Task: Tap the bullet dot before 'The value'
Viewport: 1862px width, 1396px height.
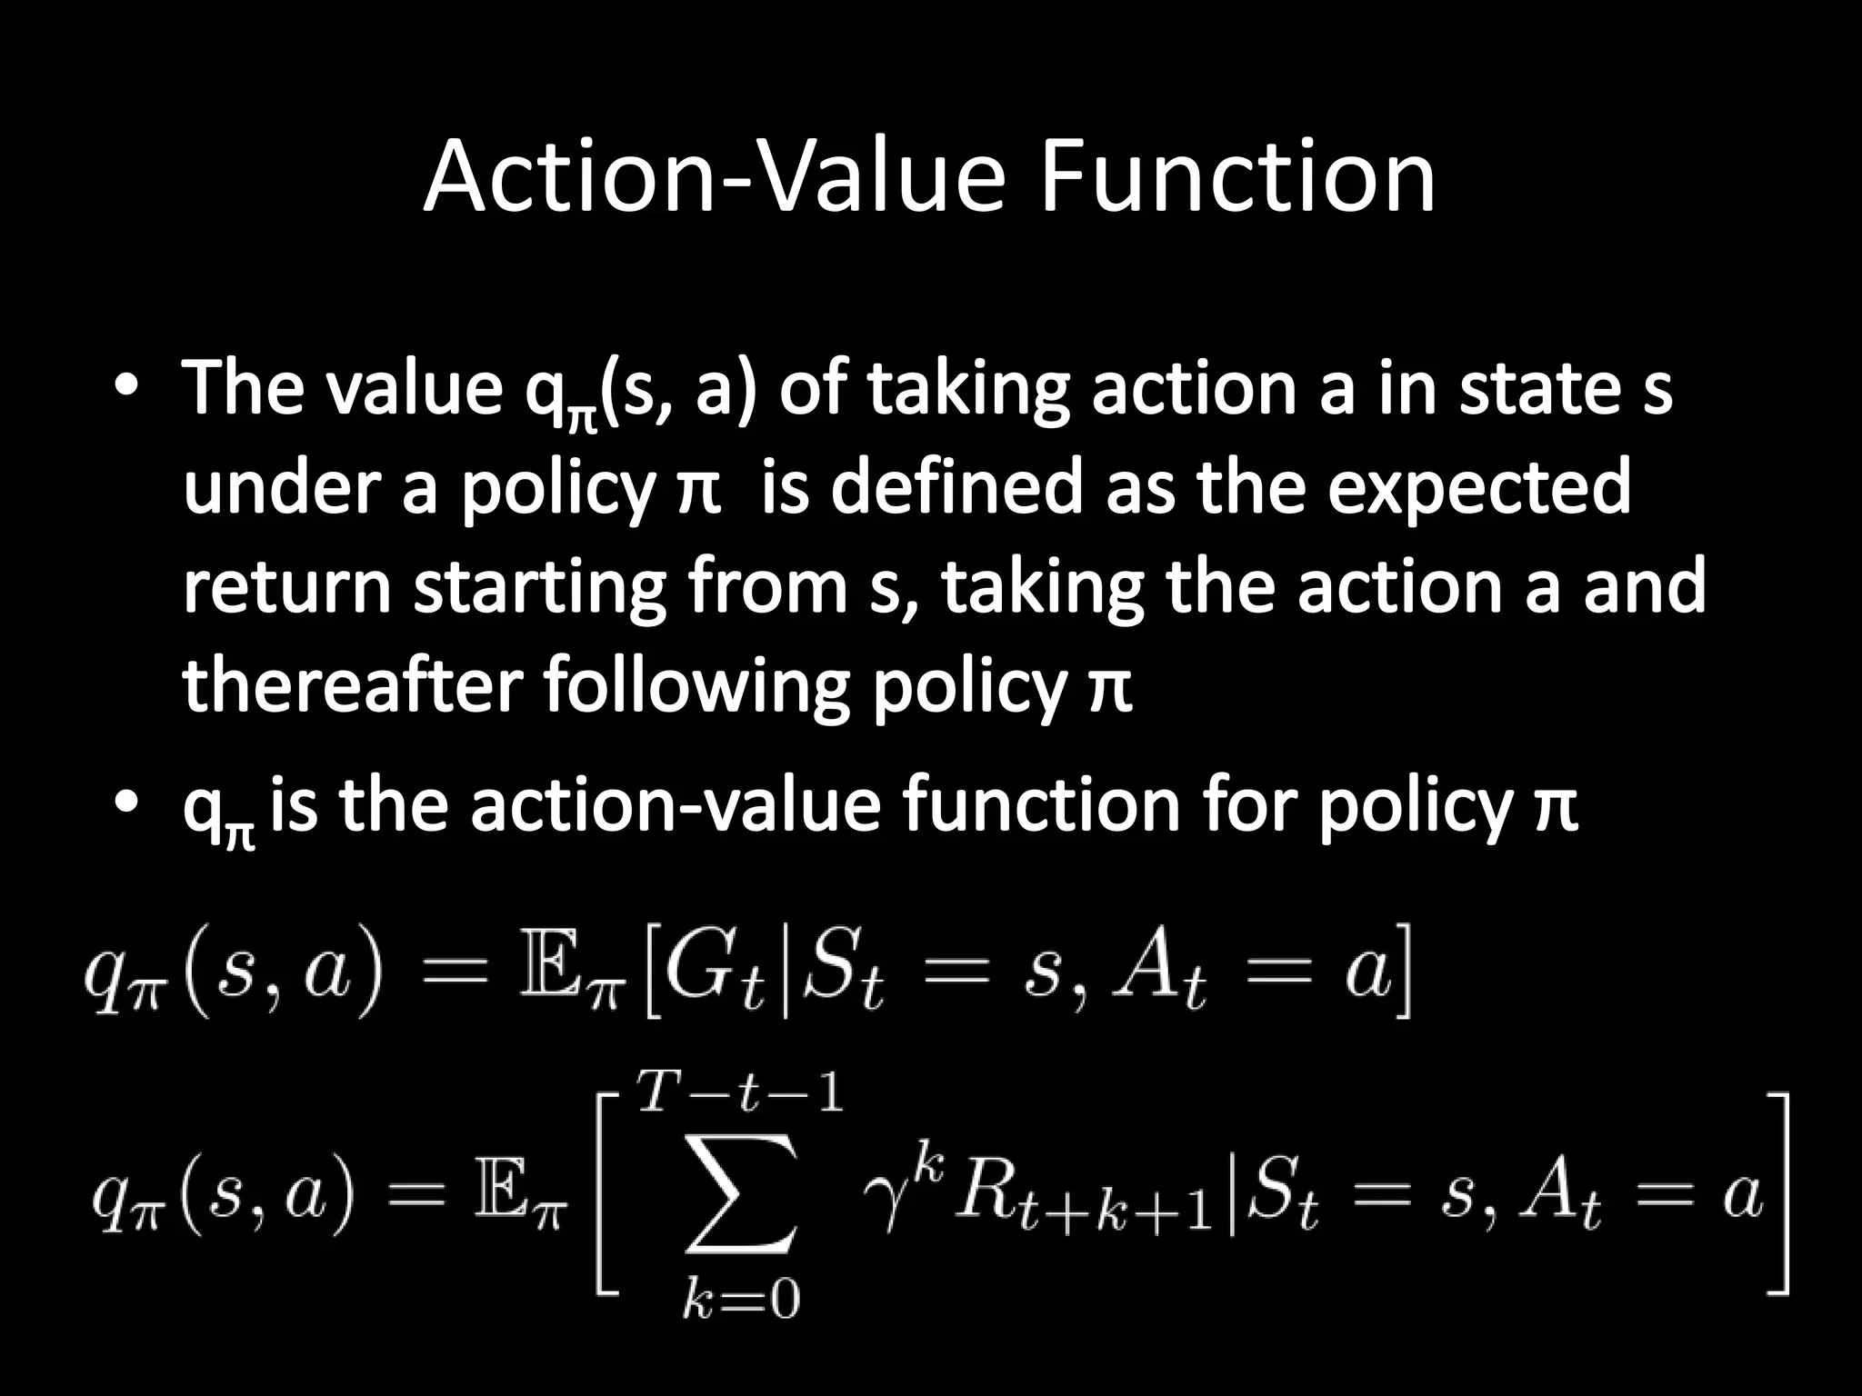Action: [x=126, y=388]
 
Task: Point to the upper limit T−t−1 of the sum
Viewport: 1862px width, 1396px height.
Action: [x=741, y=1092]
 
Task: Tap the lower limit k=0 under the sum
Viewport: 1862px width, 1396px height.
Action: [x=741, y=1301]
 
